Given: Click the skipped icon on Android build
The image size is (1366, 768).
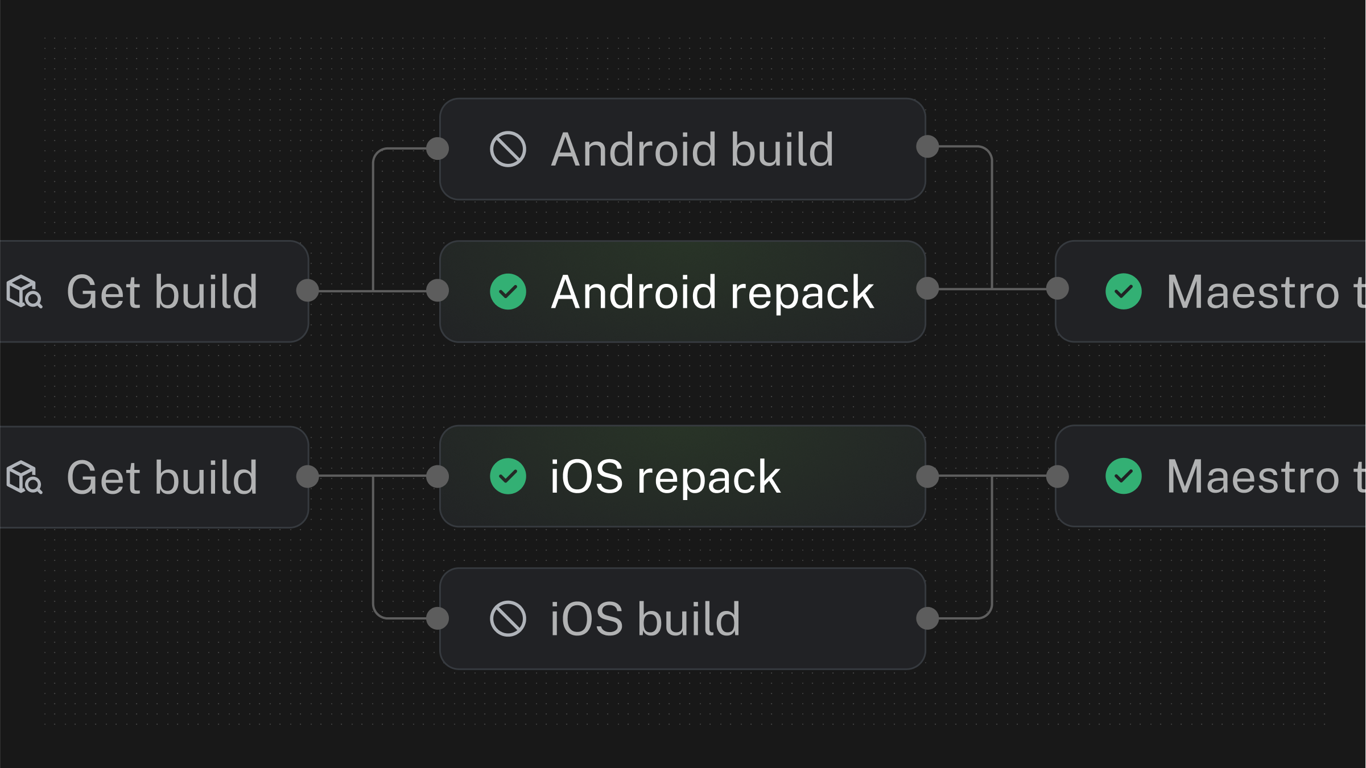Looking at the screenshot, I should click(x=507, y=150).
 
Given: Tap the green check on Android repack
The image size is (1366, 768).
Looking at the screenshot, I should click(x=507, y=292).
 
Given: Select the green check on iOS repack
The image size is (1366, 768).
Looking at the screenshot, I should click(x=507, y=476).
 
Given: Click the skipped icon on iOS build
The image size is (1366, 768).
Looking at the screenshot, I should click(x=507, y=618).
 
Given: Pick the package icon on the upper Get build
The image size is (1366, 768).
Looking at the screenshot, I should click(x=24, y=292).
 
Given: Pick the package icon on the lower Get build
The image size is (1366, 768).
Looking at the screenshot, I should click(x=24, y=477).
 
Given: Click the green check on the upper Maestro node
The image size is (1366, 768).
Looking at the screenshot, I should click(x=1123, y=292).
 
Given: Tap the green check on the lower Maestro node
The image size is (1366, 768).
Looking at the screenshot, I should click(x=1123, y=476).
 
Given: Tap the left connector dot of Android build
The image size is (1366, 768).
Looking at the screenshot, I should click(x=438, y=148).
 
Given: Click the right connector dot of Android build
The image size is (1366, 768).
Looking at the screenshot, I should click(x=927, y=146).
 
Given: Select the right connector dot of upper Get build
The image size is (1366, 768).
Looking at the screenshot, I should click(x=308, y=290).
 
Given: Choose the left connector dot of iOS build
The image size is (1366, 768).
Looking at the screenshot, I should click(x=438, y=618).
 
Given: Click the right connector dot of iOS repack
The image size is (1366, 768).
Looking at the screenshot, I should click(x=927, y=476).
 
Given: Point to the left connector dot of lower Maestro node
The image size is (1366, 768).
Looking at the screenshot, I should click(x=1058, y=476).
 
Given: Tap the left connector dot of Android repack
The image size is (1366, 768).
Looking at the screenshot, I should click(x=438, y=290).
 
